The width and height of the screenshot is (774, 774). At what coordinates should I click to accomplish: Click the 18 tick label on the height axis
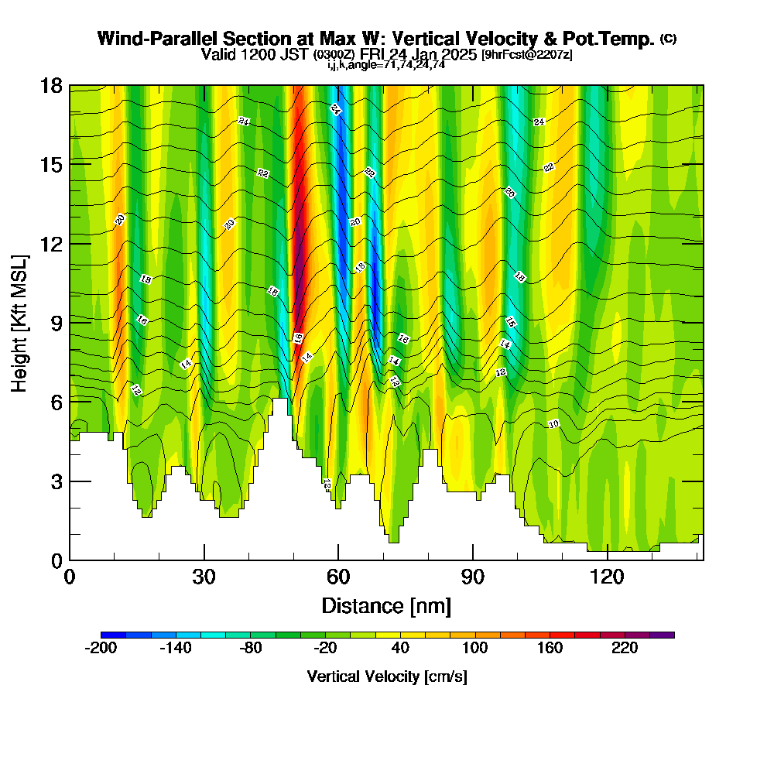click(51, 85)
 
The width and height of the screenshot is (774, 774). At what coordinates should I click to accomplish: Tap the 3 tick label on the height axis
click(56, 481)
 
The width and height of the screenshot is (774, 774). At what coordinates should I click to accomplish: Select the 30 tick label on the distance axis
click(204, 577)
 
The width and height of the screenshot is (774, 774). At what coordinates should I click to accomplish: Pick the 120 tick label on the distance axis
click(607, 577)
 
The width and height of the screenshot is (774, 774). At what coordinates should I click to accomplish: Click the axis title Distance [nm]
click(386, 604)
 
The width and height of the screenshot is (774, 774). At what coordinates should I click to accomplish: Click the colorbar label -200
click(101, 649)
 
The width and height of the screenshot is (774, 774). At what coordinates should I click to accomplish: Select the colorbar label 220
click(624, 649)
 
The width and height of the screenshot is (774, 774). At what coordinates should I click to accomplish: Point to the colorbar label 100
click(474, 649)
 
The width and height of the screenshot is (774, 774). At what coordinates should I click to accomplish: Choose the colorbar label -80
click(251, 649)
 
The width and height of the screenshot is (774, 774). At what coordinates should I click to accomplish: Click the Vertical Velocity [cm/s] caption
click(386, 676)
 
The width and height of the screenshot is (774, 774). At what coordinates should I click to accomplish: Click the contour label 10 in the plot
click(553, 424)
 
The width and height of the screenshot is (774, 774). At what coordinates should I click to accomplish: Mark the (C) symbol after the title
click(668, 38)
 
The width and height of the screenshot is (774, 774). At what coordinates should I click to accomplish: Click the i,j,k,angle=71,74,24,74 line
click(385, 65)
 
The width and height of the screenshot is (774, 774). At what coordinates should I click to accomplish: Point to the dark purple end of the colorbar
click(666, 635)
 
